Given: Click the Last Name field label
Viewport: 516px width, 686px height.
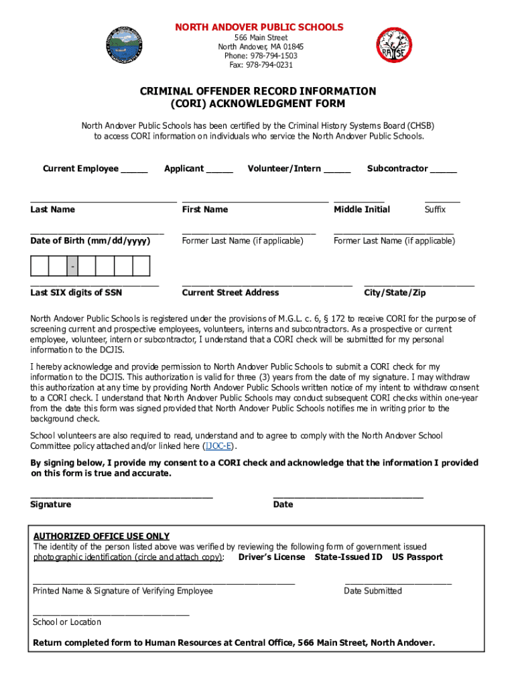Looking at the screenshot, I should pyautogui.click(x=52, y=210).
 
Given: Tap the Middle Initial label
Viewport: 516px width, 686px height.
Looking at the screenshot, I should pyautogui.click(x=362, y=210).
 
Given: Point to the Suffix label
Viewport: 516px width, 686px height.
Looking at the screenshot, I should pyautogui.click(x=435, y=210).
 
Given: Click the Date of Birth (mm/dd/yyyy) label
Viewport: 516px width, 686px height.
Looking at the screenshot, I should pyautogui.click(x=90, y=241).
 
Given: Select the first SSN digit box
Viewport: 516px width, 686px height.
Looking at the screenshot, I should pyautogui.click(x=40, y=267).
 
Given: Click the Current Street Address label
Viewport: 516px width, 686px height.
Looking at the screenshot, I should pyautogui.click(x=231, y=293).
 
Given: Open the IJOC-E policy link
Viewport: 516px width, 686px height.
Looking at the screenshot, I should pyautogui.click(x=219, y=446).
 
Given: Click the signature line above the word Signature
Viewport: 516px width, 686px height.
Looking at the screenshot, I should pyautogui.click(x=121, y=496).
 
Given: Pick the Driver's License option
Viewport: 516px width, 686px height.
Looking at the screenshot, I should pyautogui.click(x=271, y=557).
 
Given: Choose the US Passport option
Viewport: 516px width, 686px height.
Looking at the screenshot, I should pyautogui.click(x=417, y=557).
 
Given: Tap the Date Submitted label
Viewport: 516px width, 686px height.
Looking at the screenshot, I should pyautogui.click(x=373, y=591).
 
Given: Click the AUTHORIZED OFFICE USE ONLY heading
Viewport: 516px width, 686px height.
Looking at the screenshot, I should pyautogui.click(x=101, y=537).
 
